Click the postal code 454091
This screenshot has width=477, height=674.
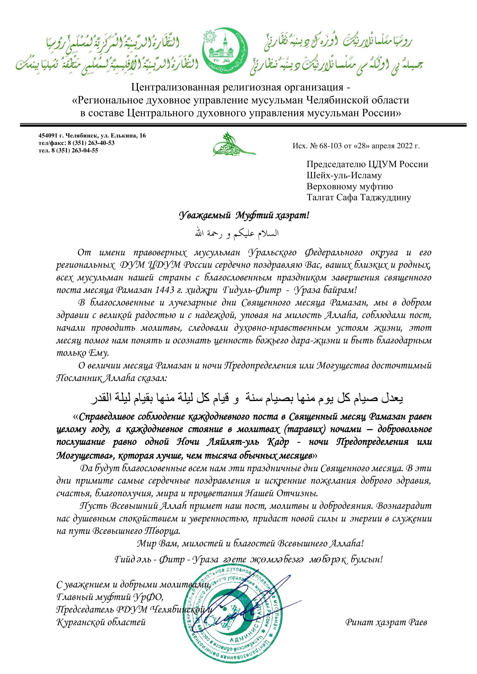point(48,136)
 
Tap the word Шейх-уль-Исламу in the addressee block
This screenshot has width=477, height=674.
point(344,175)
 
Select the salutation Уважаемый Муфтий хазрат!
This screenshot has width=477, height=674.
point(244,216)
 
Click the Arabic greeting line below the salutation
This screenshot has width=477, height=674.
point(237,234)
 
